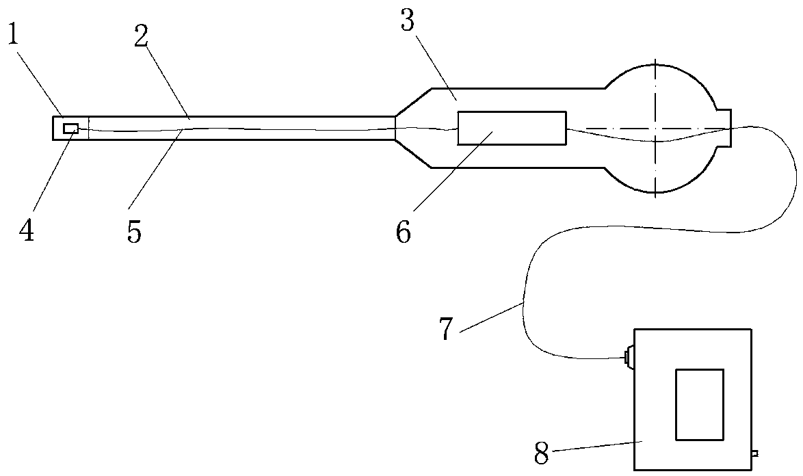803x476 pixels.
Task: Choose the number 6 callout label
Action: [404, 232]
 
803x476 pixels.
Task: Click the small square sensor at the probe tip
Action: [70, 129]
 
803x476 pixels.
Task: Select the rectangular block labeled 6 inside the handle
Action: [512, 128]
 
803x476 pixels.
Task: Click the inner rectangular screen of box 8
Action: [699, 404]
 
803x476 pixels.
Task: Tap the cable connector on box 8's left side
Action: [629, 358]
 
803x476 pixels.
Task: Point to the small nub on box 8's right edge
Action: [754, 453]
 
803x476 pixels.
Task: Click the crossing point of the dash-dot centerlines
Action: [655, 128]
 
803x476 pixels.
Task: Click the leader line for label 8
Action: [595, 447]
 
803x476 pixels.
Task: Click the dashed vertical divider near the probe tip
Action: [89, 128]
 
